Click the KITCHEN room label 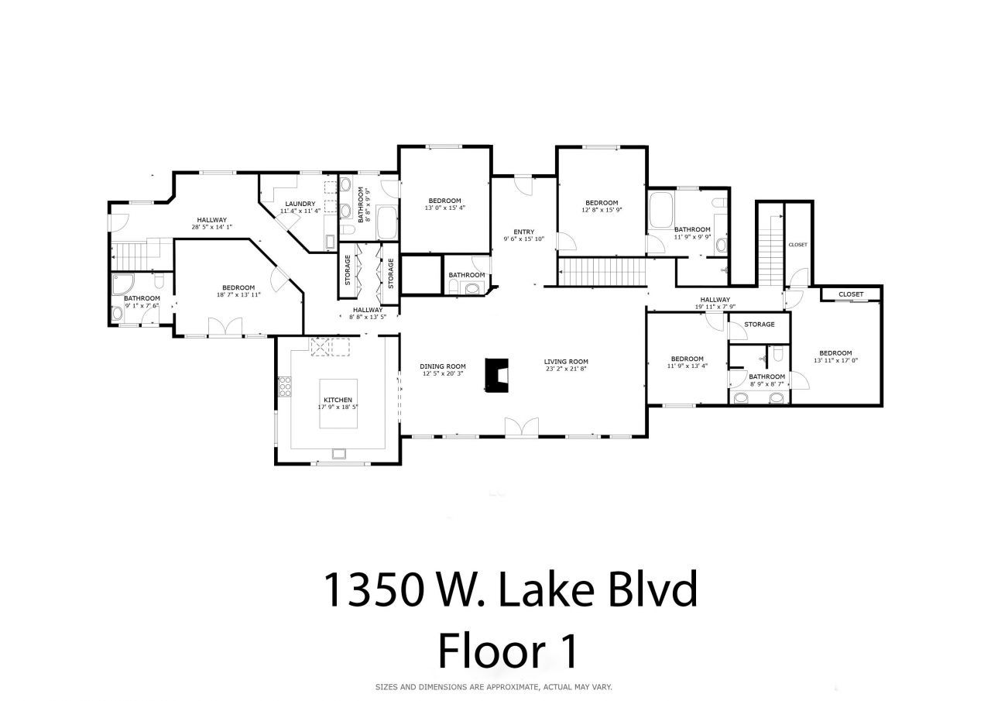click(x=339, y=400)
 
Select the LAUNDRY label click(x=300, y=204)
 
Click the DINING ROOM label click(x=443, y=366)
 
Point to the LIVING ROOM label click(x=566, y=362)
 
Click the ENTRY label click(x=524, y=232)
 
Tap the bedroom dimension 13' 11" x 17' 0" click(x=835, y=360)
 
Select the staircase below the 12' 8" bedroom click(x=603, y=273)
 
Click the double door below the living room click(x=520, y=427)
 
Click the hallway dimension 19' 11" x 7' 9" click(x=715, y=308)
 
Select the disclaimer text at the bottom click(x=494, y=687)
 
